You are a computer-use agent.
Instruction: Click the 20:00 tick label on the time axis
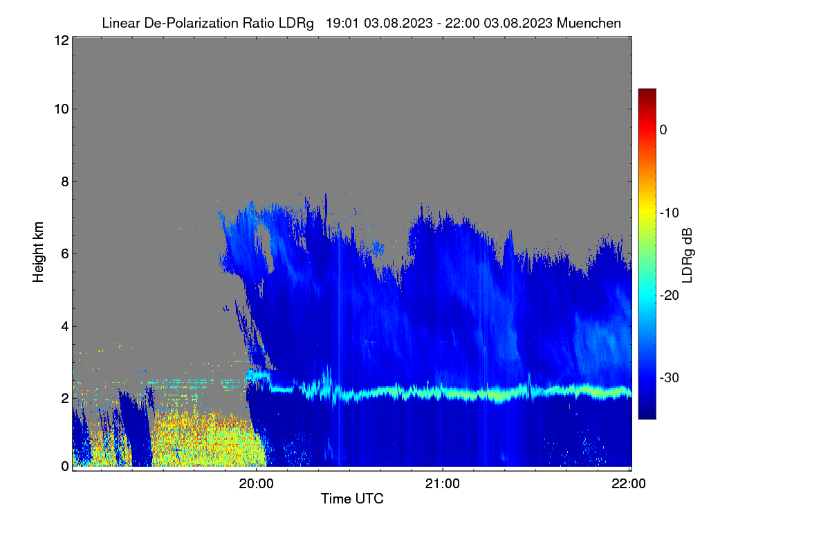pos(256,483)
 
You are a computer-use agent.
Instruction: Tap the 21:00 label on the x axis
pos(443,483)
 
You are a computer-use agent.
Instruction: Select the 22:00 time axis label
pos(629,483)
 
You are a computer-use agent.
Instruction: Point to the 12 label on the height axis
pos(62,40)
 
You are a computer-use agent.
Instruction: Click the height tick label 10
pos(62,109)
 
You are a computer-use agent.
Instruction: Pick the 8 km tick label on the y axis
pos(65,181)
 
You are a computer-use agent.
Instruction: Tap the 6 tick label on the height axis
pos(65,254)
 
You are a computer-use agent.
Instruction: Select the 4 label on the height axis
pos(65,327)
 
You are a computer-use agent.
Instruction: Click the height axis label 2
pos(65,398)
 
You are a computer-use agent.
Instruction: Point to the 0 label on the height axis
pos(65,466)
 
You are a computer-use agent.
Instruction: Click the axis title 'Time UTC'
pos(352,499)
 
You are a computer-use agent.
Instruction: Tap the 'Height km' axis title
pos(38,252)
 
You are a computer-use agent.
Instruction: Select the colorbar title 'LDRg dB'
pos(688,256)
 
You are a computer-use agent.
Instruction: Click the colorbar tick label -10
pos(670,213)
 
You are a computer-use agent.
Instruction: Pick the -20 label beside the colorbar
pos(670,296)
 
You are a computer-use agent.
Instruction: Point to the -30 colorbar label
pos(670,377)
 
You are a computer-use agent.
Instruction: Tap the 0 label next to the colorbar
pos(663,130)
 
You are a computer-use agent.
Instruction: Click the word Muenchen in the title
pos(589,23)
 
